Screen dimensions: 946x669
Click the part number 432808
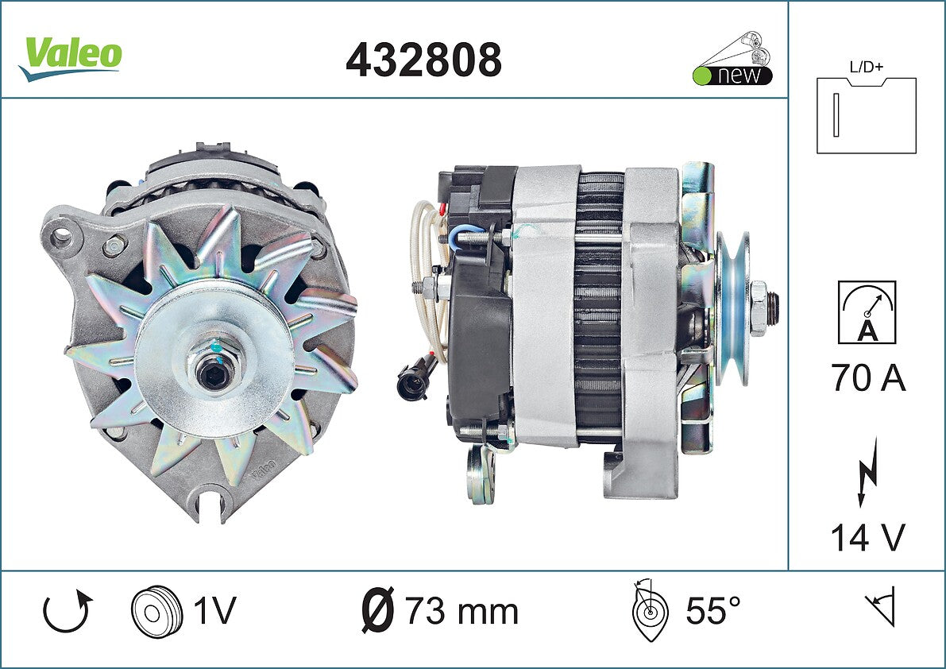tap(423, 60)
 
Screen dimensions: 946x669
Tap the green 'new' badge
tap(732, 75)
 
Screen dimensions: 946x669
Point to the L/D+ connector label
tap(866, 67)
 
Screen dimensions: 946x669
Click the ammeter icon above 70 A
tap(867, 312)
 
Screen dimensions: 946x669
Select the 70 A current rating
tap(868, 377)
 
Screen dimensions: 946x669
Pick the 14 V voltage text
tap(868, 537)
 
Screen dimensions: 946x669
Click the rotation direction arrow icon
tap(68, 611)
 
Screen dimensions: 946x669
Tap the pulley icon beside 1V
tap(156, 610)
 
